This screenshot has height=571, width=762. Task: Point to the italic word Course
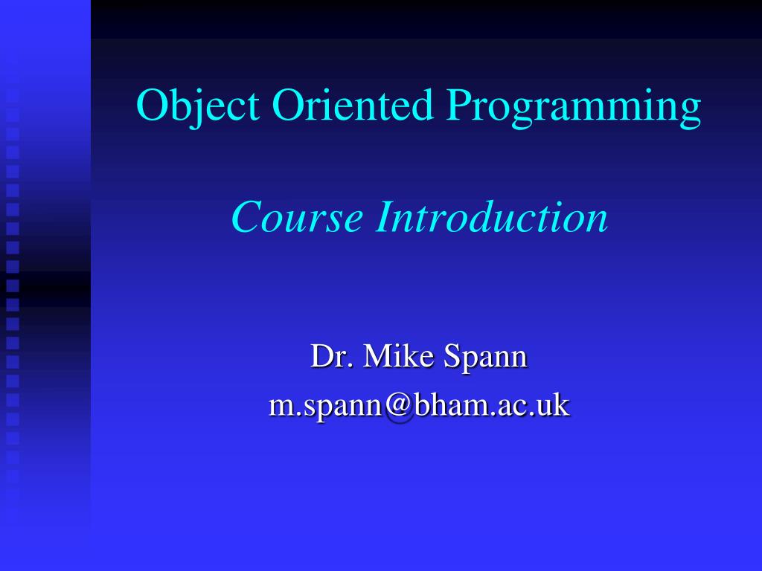pyautogui.click(x=297, y=217)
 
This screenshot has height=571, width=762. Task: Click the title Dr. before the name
pyautogui.click(x=330, y=356)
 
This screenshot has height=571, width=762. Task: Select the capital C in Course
pyautogui.click(x=246, y=217)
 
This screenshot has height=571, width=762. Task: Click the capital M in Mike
pyautogui.click(x=377, y=356)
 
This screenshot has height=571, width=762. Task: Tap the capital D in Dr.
pyautogui.click(x=321, y=356)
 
